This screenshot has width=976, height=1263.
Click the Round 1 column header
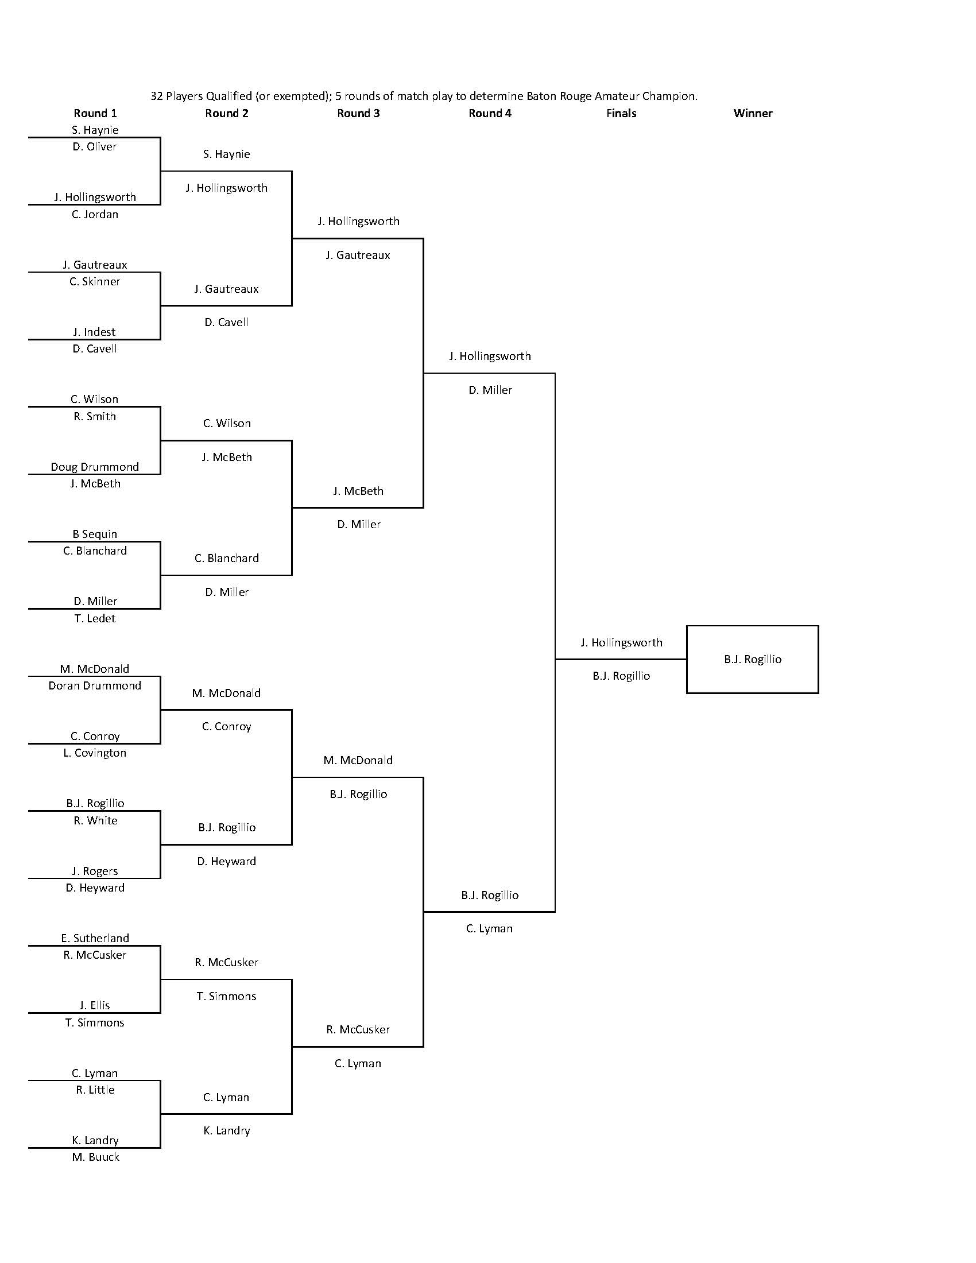(95, 113)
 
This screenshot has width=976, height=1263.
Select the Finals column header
(621, 113)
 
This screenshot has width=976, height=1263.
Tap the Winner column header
(753, 113)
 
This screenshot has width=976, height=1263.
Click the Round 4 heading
(490, 113)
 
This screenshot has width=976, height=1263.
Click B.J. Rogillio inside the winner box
(753, 659)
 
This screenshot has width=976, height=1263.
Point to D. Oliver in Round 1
(95, 147)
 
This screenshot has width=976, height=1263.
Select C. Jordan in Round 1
(95, 215)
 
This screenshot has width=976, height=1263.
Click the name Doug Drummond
(95, 467)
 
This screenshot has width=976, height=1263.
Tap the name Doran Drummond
(95, 686)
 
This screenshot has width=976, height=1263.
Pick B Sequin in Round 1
(95, 534)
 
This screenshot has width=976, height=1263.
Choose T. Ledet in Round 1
(95, 619)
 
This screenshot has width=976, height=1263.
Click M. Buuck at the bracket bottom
(95, 1157)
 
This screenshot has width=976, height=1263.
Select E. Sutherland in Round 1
(95, 939)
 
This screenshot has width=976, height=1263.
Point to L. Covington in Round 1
(95, 753)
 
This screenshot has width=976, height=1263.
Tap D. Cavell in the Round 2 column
(226, 323)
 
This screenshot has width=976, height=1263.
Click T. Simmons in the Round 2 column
(226, 997)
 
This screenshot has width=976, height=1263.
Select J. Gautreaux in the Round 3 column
(358, 255)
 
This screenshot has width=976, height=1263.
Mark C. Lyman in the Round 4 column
(489, 929)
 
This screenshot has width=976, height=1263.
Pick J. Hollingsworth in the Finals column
(621, 642)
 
